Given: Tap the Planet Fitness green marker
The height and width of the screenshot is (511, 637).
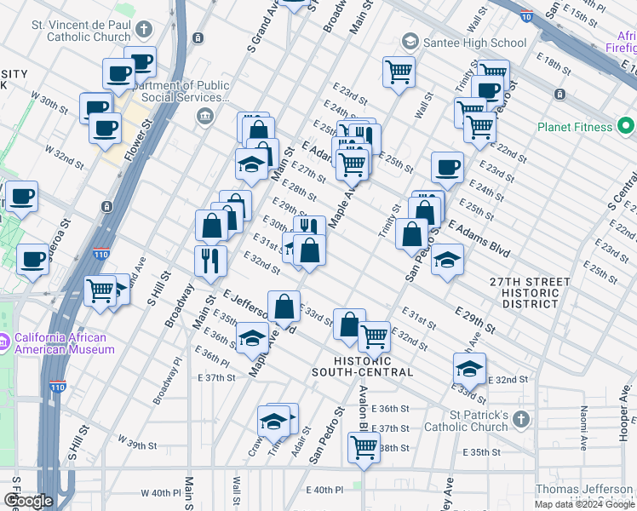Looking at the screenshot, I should [625, 127].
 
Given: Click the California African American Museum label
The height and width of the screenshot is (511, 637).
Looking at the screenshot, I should [64, 343].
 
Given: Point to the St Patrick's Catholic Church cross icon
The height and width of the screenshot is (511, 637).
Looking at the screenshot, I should [521, 420].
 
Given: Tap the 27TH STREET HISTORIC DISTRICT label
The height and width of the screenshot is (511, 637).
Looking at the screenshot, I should [529, 293].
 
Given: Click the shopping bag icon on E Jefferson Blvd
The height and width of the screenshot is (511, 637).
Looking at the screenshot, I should [284, 306].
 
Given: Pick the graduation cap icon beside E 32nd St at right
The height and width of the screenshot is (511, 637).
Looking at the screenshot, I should [469, 367].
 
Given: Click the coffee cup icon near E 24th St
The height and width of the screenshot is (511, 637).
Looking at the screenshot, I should [447, 167].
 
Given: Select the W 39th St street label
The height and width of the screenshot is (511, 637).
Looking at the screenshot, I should [136, 445].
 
